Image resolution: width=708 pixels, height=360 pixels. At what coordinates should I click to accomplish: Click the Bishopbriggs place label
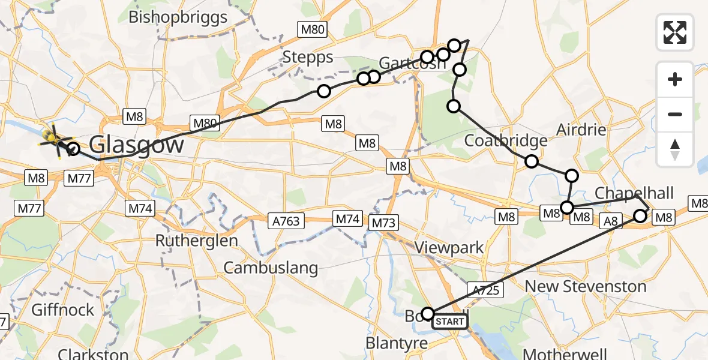pyautogui.click(x=179, y=16)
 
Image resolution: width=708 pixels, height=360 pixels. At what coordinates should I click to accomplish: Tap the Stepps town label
pyautogui.click(x=308, y=58)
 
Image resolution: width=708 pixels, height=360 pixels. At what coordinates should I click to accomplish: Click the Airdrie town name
pyautogui.click(x=581, y=130)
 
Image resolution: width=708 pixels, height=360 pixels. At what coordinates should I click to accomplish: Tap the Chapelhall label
pyautogui.click(x=634, y=193)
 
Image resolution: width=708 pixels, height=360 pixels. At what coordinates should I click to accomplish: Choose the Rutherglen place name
pyautogui.click(x=196, y=241)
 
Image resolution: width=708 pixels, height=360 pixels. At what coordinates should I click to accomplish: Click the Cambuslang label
pyautogui.click(x=271, y=268)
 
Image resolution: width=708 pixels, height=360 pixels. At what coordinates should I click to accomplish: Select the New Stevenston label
pyautogui.click(x=586, y=286)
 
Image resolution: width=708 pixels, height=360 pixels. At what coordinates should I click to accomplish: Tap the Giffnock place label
pyautogui.click(x=63, y=310)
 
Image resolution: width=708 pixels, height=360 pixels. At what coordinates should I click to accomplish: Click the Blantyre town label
pyautogui.click(x=397, y=343)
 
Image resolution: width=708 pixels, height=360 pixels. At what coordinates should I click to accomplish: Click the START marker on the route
pyautogui.click(x=449, y=322)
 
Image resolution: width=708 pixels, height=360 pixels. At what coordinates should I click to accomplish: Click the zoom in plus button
pyautogui.click(x=675, y=80)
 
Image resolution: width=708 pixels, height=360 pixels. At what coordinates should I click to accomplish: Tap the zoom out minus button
pyautogui.click(x=675, y=114)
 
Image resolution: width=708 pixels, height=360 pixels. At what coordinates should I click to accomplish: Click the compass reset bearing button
pyautogui.click(x=675, y=149)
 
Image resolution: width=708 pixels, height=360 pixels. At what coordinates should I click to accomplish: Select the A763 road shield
pyautogui.click(x=286, y=221)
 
